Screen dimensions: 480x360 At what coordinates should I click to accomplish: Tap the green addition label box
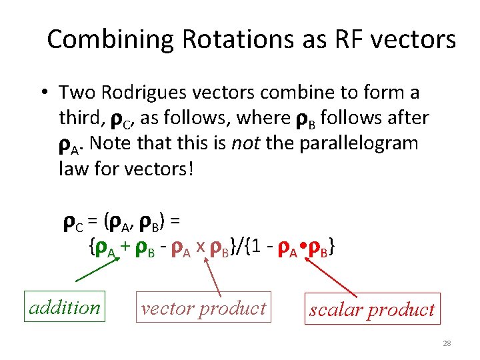coord(65,307)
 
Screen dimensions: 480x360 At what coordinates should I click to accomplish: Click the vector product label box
coord(203,307)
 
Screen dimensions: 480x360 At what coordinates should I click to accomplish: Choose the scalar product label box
coord(372,309)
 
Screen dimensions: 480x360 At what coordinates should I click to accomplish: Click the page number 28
coord(447,343)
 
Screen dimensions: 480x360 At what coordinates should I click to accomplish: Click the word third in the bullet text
coord(79,118)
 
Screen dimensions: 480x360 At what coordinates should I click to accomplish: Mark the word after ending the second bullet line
coord(409,118)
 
